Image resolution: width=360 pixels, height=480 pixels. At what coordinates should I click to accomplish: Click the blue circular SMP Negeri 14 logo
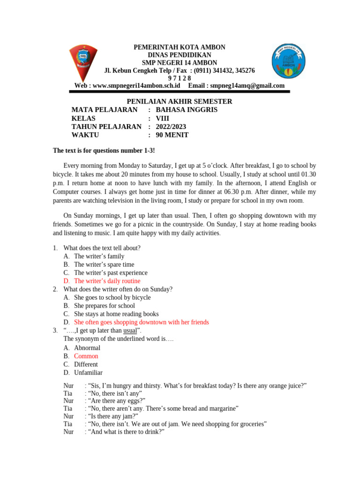coord(290,60)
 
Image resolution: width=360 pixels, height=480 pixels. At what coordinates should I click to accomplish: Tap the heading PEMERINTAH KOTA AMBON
coord(180,47)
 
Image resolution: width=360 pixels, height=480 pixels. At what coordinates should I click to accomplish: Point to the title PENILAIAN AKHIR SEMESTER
coord(180,101)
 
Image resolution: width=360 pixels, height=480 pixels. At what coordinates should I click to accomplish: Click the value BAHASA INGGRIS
coord(186,110)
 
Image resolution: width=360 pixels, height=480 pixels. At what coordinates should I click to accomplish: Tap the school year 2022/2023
coord(171,127)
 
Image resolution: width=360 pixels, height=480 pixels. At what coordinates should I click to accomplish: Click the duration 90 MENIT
coord(172,135)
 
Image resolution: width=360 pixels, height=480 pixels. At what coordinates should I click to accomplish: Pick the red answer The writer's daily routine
coord(107,281)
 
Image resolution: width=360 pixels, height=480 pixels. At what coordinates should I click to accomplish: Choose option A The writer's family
coord(99,256)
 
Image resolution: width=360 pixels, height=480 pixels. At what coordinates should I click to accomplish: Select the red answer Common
coord(86,356)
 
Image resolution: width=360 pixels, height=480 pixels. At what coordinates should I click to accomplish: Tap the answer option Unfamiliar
coord(88,373)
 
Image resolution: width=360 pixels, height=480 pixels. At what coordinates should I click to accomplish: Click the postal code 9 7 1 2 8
coord(180,78)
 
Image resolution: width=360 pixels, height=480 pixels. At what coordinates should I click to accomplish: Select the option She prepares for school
coord(104,306)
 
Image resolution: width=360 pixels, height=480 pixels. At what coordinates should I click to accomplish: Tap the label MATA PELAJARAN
coord(105,110)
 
